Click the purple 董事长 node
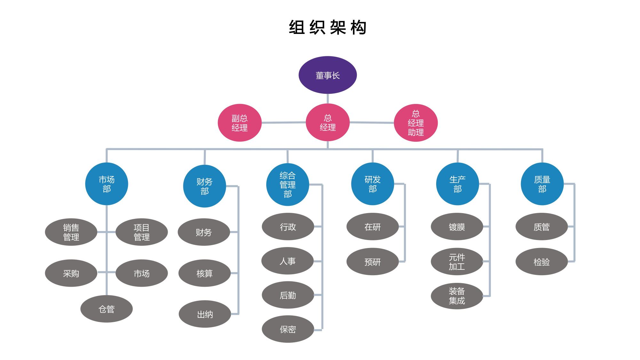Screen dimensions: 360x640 pos(327,75)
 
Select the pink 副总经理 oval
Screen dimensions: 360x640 pos(239,123)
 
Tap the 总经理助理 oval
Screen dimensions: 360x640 pos(415,123)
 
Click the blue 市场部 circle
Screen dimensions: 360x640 pos(107,184)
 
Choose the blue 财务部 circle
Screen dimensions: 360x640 pos(204,186)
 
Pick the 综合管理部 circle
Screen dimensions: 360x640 pos(287,185)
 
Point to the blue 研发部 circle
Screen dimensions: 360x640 pos(372,184)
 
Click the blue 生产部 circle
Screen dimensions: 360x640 pos(457,184)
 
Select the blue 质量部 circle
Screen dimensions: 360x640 pos(542,184)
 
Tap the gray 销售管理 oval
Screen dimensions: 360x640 pos(71,232)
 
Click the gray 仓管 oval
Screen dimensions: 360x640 pos(107,309)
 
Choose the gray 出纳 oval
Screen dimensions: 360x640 pos(205,314)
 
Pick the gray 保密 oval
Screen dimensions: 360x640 pos(288,329)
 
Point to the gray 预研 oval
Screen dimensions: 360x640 pos(372,262)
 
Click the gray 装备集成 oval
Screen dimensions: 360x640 pos(457,296)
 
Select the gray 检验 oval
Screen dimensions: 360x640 pos(541,262)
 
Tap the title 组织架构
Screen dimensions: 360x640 pos(327,27)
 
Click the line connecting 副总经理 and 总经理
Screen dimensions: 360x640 pos(284,123)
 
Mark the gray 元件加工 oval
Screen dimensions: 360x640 pos(457,262)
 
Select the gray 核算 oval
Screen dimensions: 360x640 pos(204,273)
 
